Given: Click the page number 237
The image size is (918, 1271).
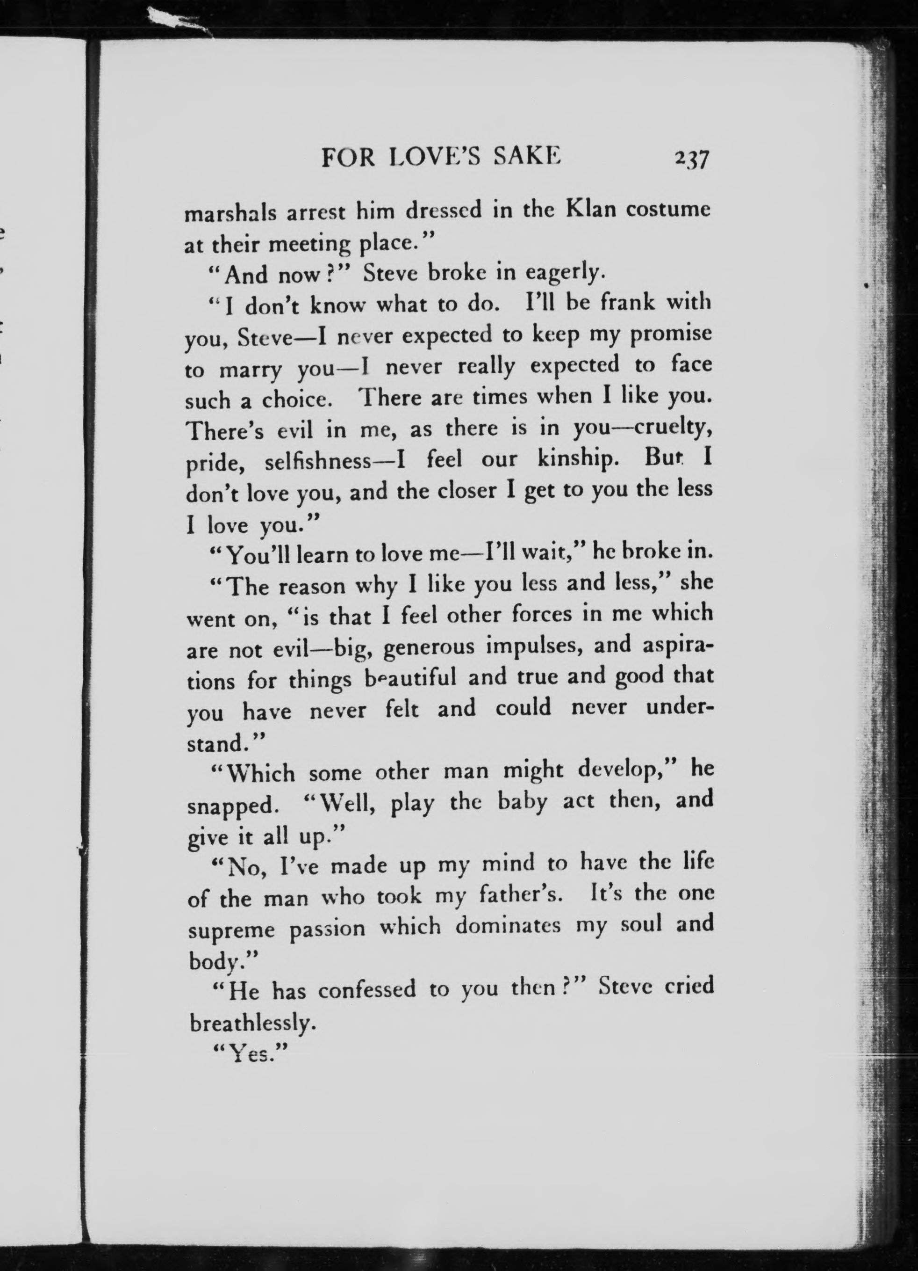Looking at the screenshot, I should tap(692, 159).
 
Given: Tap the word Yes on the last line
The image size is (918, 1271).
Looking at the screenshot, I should tap(244, 1055).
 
